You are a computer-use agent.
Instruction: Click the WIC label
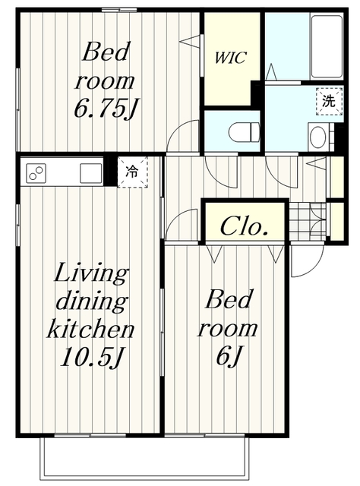coord(231,58)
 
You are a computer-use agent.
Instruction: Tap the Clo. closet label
coord(244,226)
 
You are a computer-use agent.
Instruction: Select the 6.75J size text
coord(106,108)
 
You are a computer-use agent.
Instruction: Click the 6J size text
coord(228,355)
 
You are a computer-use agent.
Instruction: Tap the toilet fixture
coord(245,132)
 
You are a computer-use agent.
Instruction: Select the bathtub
coord(327,46)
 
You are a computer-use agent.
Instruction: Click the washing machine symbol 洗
coord(330,101)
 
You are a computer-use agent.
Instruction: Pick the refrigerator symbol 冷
coord(132,172)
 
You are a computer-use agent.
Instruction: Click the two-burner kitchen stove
coord(36,173)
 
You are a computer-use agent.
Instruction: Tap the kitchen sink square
coord(91,173)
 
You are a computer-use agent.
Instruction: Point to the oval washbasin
coord(317,137)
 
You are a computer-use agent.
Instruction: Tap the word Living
coord(91,273)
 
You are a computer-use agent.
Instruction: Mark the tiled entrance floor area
coord(308,222)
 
